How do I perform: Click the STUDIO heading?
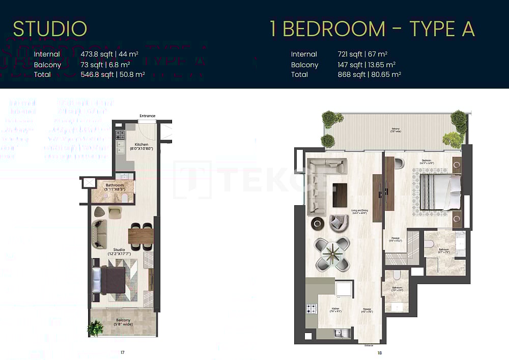click(x=50, y=29)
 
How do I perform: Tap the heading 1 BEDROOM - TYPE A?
click(x=372, y=29)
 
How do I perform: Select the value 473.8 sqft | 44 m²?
click(x=109, y=54)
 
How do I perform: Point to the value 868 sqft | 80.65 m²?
click(x=370, y=74)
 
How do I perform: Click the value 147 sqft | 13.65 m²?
click(x=366, y=65)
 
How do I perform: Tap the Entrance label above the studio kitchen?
click(x=147, y=116)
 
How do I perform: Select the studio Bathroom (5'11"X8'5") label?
click(x=115, y=187)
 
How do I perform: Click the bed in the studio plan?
click(x=109, y=279)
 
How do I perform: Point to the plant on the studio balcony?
click(x=95, y=328)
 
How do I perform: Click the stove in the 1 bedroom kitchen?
click(x=311, y=309)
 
